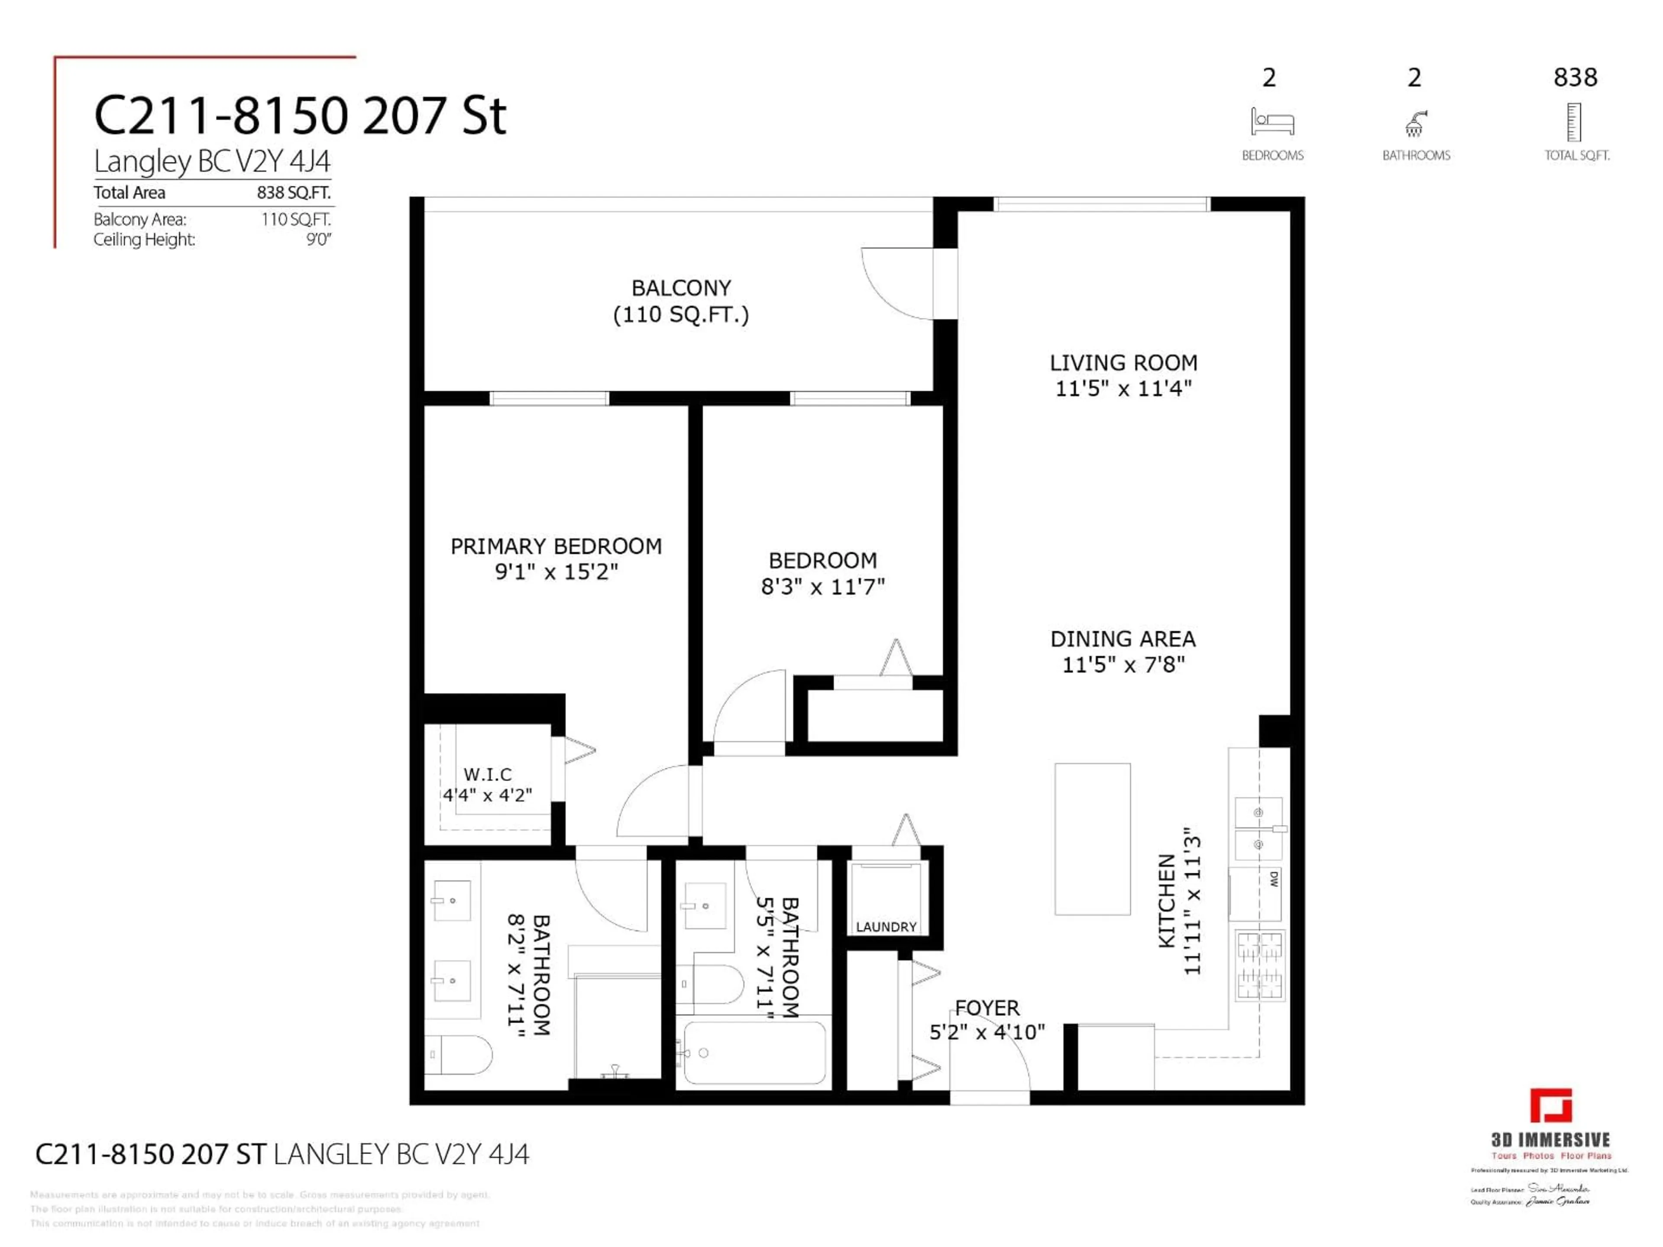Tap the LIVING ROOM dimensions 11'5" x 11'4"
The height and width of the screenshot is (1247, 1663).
(x=1123, y=389)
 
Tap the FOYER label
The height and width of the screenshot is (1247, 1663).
(x=987, y=1008)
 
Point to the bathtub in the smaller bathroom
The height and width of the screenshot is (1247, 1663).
(x=754, y=1052)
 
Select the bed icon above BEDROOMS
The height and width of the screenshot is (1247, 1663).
(x=1272, y=122)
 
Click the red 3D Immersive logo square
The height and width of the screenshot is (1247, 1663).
(x=1550, y=1106)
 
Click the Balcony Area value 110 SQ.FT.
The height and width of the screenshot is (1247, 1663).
(x=295, y=220)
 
